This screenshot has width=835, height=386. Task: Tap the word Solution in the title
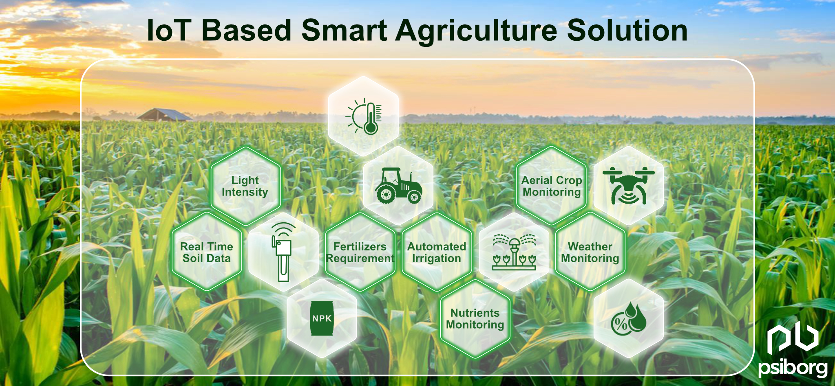point(627,31)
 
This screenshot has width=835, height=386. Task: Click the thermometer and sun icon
point(364,116)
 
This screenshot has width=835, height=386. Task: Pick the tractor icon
point(398,186)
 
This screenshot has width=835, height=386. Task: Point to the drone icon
point(628,186)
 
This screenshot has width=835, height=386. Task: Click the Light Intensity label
point(245,186)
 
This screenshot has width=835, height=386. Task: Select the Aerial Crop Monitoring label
point(552,186)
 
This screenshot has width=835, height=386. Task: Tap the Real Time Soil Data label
point(207,252)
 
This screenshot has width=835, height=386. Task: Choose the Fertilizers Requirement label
point(360,252)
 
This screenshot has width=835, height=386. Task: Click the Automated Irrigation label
point(437,252)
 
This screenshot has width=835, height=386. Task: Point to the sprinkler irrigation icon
point(514,252)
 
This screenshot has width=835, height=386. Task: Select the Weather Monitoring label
point(590,252)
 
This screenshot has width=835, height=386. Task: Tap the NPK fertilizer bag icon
point(322,318)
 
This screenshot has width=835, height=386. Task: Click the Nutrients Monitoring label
point(475,319)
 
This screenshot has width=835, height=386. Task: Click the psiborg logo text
point(793,368)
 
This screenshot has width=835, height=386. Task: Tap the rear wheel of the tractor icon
point(386,194)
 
